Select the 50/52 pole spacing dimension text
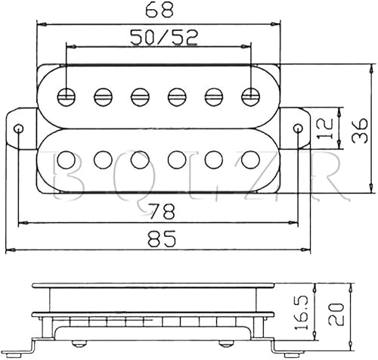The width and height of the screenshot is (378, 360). coord(160,36)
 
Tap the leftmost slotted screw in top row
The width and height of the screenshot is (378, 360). coord(67,96)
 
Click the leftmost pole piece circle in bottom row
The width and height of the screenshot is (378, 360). coord(67,160)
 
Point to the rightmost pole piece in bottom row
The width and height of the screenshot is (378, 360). coord(251,160)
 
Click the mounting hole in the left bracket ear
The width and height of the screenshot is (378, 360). coord(20,128)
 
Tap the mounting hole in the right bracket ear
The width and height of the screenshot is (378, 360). coord(298,128)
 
